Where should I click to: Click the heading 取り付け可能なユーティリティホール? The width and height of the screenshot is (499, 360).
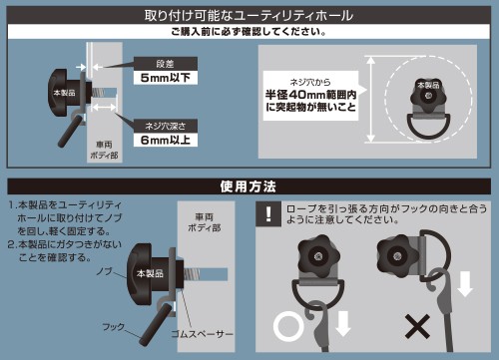click(x=249, y=16)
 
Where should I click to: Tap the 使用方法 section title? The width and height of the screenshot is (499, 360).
click(x=249, y=186)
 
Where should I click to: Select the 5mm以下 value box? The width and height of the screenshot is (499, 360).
click(x=166, y=78)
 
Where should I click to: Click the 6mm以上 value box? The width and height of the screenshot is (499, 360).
click(x=166, y=140)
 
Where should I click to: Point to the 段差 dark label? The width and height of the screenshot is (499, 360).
click(x=166, y=64)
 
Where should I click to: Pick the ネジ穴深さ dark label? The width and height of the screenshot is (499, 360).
click(x=166, y=126)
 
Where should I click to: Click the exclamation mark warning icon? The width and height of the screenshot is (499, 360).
click(x=268, y=213)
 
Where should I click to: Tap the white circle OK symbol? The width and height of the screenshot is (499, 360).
click(x=288, y=327)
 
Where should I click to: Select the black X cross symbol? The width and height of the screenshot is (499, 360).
click(x=417, y=326)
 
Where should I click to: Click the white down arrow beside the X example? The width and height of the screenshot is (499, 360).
click(x=465, y=283)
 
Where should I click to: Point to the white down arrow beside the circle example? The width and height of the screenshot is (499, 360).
click(x=343, y=323)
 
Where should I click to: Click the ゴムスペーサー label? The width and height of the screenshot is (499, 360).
click(x=203, y=334)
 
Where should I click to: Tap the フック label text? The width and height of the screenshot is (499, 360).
click(x=114, y=327)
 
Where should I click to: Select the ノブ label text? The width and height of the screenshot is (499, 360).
click(x=104, y=271)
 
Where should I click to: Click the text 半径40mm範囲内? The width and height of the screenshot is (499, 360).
click(x=310, y=95)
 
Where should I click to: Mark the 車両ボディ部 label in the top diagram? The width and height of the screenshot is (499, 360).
click(x=104, y=150)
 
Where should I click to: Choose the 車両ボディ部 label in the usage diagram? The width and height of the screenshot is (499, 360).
click(x=205, y=222)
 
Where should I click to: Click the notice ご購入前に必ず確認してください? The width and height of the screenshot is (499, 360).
click(x=249, y=32)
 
